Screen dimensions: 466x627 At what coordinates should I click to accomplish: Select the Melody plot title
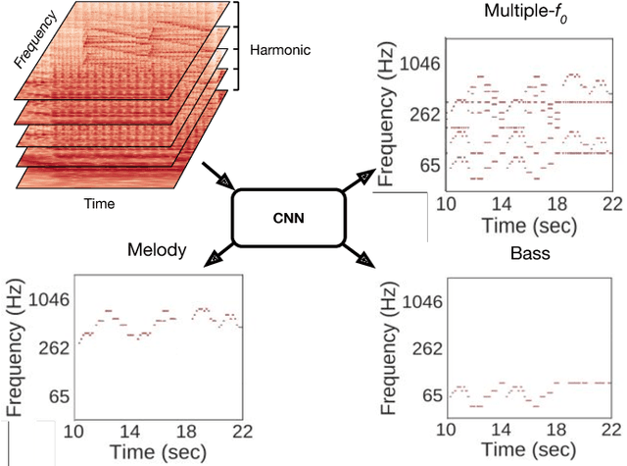pyautogui.click(x=156, y=251)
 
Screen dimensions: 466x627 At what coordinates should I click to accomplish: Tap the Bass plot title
pyautogui.click(x=529, y=253)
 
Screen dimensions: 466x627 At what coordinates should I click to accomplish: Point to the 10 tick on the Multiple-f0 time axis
pyautogui.click(x=447, y=203)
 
